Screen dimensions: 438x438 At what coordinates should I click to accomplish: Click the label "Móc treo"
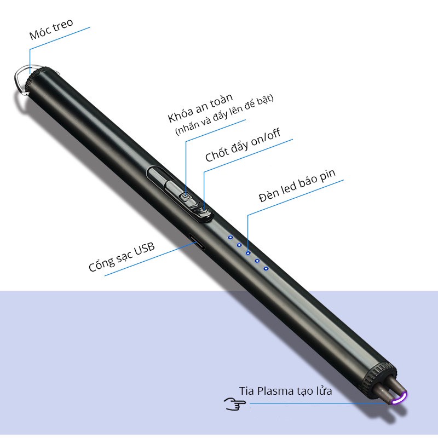[51, 29]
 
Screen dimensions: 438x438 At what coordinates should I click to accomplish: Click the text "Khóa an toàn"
[200, 108]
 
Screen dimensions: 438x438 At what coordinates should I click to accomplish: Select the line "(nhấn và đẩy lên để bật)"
[224, 115]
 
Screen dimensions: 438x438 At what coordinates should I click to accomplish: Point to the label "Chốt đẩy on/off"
[243, 146]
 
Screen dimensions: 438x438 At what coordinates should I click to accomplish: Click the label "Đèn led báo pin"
[297, 186]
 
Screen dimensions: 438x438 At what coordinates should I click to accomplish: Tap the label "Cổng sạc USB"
[122, 257]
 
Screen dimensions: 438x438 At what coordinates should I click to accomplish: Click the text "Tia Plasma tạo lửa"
[285, 391]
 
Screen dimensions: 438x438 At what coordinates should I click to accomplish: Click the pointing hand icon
[235, 404]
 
